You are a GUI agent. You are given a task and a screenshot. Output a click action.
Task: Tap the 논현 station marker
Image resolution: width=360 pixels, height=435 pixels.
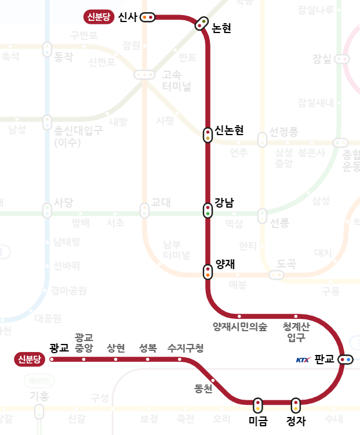click(202, 23)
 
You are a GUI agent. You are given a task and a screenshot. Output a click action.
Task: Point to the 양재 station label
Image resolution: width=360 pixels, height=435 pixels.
click(224, 264)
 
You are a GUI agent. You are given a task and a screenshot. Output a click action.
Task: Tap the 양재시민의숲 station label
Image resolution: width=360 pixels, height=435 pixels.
click(240, 327)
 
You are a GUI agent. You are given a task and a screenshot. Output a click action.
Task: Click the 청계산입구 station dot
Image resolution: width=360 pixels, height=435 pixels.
click(296, 317)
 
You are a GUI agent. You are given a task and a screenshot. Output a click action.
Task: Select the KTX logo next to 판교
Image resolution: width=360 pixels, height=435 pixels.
click(303, 360)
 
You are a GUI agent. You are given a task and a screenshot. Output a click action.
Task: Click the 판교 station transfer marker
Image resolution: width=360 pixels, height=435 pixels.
click(346, 360)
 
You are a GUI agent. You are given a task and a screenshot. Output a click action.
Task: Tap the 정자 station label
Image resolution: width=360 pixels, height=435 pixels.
click(296, 421)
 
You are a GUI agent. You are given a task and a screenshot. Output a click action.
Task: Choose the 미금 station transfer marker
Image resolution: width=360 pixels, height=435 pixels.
click(257, 405)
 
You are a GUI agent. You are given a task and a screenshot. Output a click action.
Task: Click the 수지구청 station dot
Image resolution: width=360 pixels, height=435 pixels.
click(180, 360)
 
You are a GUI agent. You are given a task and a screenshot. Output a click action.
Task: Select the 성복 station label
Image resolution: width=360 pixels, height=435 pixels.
click(148, 348)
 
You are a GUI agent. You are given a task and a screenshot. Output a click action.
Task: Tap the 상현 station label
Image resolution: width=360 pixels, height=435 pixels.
click(116, 348)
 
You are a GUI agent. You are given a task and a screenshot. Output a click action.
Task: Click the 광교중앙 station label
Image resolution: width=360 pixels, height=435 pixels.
click(84, 343)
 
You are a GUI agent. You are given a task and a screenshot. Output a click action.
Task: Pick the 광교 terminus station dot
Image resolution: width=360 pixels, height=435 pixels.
click(52, 360)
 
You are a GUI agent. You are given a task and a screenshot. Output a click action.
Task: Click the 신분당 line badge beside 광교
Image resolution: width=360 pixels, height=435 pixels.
click(30, 360)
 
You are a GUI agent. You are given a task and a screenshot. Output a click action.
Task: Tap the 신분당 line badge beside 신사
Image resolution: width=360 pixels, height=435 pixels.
click(99, 17)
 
